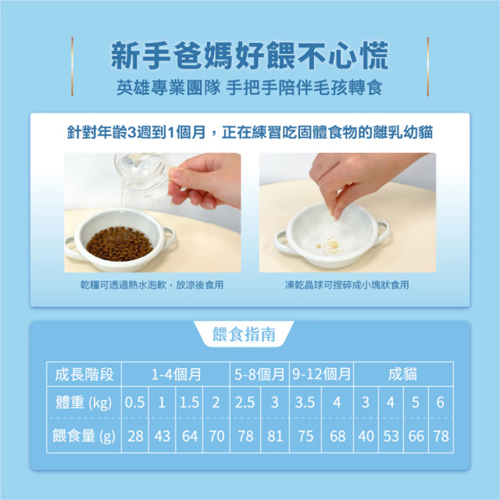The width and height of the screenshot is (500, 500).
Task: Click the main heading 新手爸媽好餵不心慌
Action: click(x=249, y=55)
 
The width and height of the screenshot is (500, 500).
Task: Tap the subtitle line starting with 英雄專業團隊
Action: click(x=249, y=87)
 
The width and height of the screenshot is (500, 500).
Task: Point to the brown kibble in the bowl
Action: click(x=120, y=244)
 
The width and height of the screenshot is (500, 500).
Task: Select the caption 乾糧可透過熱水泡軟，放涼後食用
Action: click(x=152, y=284)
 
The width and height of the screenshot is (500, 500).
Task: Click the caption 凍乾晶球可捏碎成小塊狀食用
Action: click(x=347, y=284)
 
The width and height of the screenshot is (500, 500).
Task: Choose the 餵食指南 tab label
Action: click(x=244, y=334)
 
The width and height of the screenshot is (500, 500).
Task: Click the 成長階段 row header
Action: click(x=84, y=374)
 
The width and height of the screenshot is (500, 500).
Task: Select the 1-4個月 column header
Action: click(x=176, y=374)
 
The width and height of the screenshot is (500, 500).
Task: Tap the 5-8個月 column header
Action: click(x=259, y=374)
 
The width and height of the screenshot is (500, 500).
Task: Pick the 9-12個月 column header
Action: click(x=321, y=374)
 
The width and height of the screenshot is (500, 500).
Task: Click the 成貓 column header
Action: click(x=403, y=374)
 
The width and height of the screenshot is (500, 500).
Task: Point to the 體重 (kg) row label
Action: click(x=84, y=402)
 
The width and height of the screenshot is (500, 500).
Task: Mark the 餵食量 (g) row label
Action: click(x=84, y=436)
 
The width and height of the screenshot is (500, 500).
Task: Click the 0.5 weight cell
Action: click(x=135, y=402)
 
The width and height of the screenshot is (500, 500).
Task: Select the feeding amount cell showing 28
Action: click(x=135, y=436)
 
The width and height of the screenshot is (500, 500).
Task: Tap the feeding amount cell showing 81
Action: click(x=275, y=436)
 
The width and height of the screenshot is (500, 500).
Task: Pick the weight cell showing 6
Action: click(x=441, y=402)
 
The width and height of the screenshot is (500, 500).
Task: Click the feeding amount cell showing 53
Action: click(x=391, y=436)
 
